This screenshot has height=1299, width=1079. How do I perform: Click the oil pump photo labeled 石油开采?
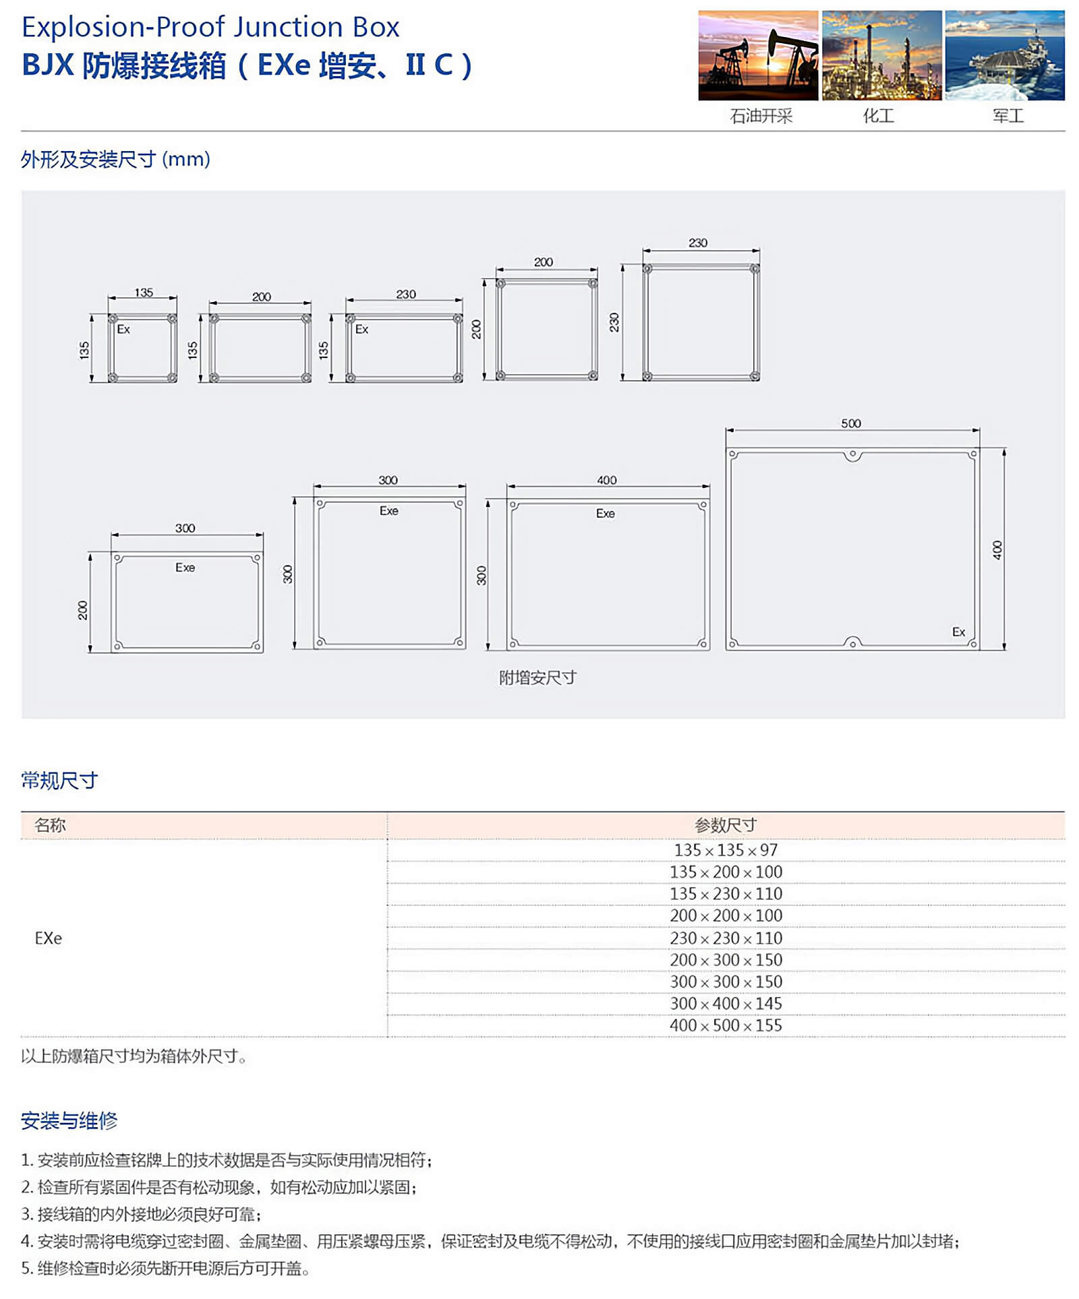(x=757, y=55)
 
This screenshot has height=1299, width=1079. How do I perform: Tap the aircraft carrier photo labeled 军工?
(x=1004, y=55)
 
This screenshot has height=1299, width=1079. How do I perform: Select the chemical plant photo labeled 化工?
(x=881, y=55)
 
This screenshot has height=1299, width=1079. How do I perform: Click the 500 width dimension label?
(x=850, y=423)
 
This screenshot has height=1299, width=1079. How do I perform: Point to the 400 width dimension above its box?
(x=606, y=480)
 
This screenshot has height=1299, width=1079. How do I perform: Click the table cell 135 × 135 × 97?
(x=726, y=850)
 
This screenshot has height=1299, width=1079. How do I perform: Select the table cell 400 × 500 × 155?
(x=726, y=1025)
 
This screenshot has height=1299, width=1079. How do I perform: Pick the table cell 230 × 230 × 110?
(x=726, y=938)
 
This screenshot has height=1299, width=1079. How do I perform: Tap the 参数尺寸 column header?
(x=726, y=825)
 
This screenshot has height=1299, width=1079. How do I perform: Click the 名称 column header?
(x=51, y=825)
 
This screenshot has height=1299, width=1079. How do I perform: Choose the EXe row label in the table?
(x=49, y=938)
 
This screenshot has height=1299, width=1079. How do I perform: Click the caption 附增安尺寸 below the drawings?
(x=537, y=677)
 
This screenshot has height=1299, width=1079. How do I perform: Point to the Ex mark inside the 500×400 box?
(x=958, y=632)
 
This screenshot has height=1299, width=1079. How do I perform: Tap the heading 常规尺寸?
(x=59, y=780)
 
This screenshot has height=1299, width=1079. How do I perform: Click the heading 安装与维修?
(x=69, y=1120)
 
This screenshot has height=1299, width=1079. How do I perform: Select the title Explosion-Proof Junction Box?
(x=210, y=27)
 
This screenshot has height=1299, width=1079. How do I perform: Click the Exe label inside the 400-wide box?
(x=605, y=514)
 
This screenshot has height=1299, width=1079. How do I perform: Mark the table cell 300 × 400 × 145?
(x=726, y=1003)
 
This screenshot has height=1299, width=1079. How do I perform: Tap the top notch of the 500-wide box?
(x=852, y=455)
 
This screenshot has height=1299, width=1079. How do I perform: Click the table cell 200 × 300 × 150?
(x=726, y=959)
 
